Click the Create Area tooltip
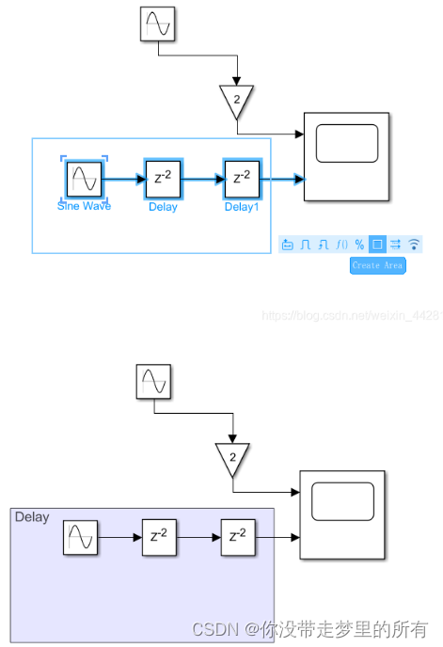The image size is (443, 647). click(x=377, y=265)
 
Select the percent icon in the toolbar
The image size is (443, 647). click(x=359, y=245)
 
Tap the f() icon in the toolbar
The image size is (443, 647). click(x=342, y=245)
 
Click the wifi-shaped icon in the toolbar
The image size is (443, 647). click(x=413, y=245)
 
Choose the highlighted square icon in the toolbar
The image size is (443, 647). click(x=377, y=245)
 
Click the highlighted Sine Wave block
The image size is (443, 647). click(x=84, y=178)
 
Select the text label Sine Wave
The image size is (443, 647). click(x=84, y=206)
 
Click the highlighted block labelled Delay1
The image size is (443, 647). click(x=242, y=178)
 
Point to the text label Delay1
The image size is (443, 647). click(x=242, y=207)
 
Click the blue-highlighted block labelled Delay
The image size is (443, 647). click(x=163, y=178)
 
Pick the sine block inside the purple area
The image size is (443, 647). click(x=81, y=538)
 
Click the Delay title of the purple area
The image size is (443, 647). click(x=32, y=518)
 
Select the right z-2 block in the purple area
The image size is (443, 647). click(x=239, y=538)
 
